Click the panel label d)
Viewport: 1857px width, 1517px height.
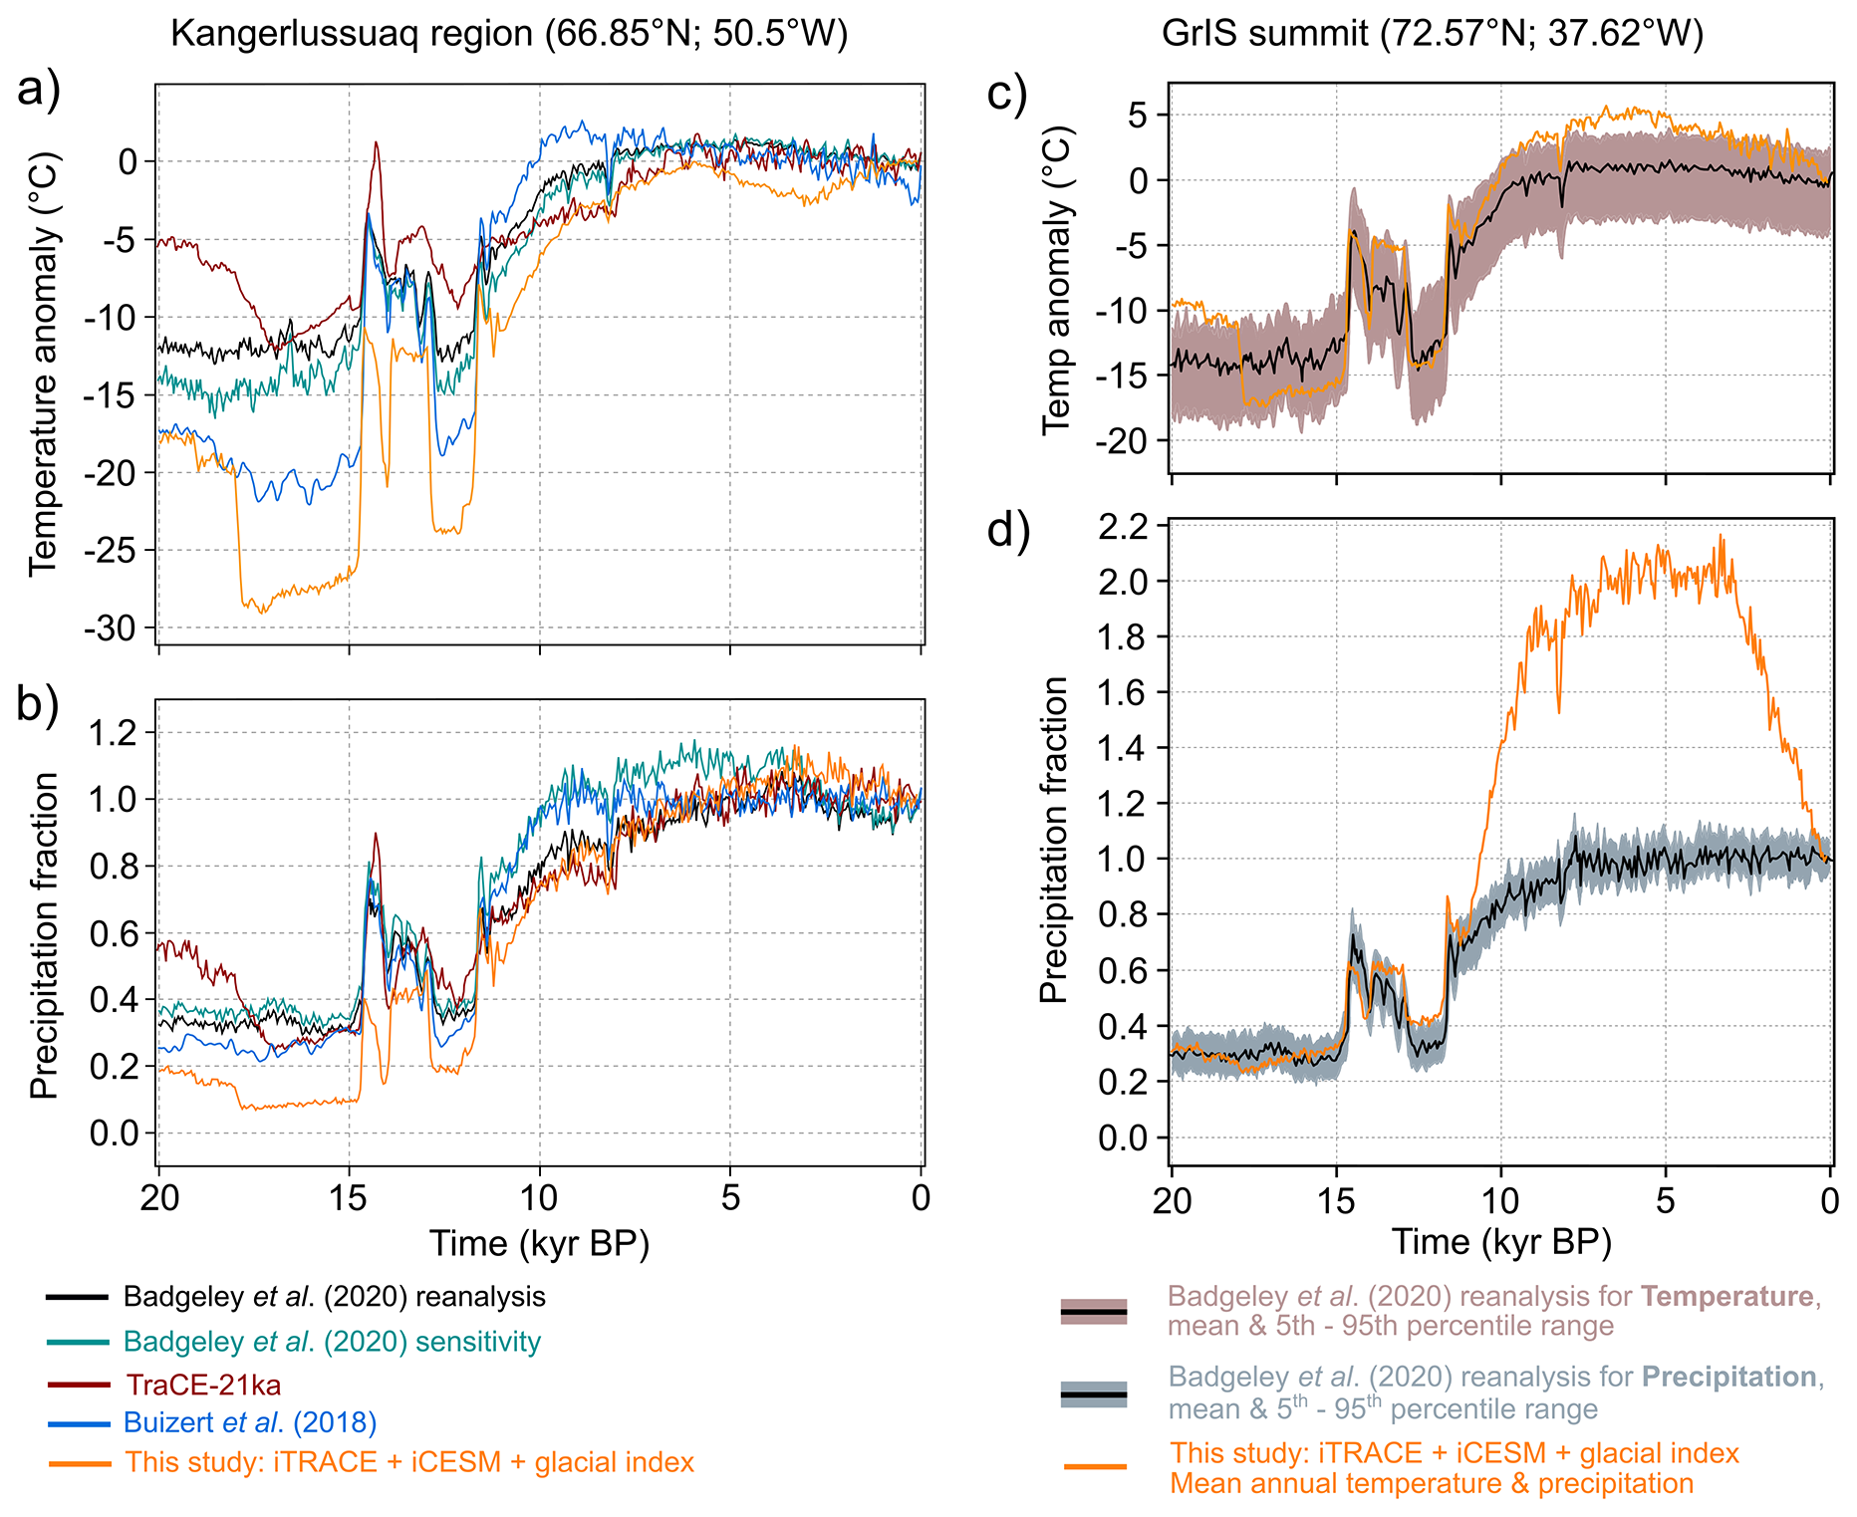[1008, 530]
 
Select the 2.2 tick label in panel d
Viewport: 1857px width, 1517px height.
[1122, 526]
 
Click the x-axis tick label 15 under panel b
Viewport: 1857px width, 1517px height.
[349, 1196]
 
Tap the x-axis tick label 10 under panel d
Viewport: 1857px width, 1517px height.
[1500, 1200]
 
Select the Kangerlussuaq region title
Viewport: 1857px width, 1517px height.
[509, 34]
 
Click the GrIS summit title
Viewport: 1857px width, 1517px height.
[1432, 34]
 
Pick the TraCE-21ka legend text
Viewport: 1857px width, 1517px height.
[203, 1385]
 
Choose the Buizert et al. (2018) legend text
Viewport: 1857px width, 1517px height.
[250, 1422]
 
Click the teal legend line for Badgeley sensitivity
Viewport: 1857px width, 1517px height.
[77, 1342]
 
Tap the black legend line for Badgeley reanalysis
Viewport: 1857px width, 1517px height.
[77, 1297]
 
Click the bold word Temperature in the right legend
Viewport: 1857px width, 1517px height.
[1726, 1296]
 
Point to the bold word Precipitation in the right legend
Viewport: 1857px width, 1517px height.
[1728, 1377]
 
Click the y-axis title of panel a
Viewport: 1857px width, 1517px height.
[44, 364]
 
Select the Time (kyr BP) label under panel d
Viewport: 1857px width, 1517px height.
[1500, 1242]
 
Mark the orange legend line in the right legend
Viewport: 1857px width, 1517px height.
[1094, 1467]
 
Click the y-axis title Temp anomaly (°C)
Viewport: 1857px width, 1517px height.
[1058, 280]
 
